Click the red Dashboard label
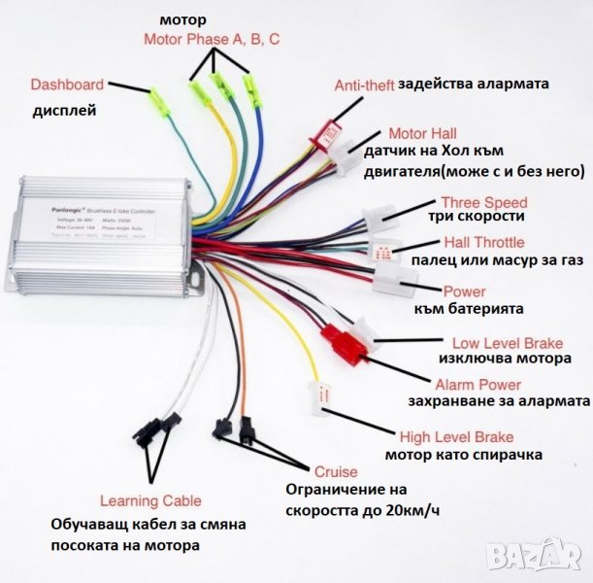click(x=67, y=84)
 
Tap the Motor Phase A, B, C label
click(x=212, y=40)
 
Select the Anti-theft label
click(x=364, y=85)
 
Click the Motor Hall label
click(x=422, y=133)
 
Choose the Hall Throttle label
click(x=483, y=242)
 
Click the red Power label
click(x=464, y=291)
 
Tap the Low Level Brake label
click(x=501, y=343)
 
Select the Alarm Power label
click(x=478, y=385)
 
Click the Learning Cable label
click(x=151, y=501)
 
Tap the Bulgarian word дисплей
click(x=64, y=110)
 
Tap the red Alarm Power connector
click(x=342, y=342)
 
